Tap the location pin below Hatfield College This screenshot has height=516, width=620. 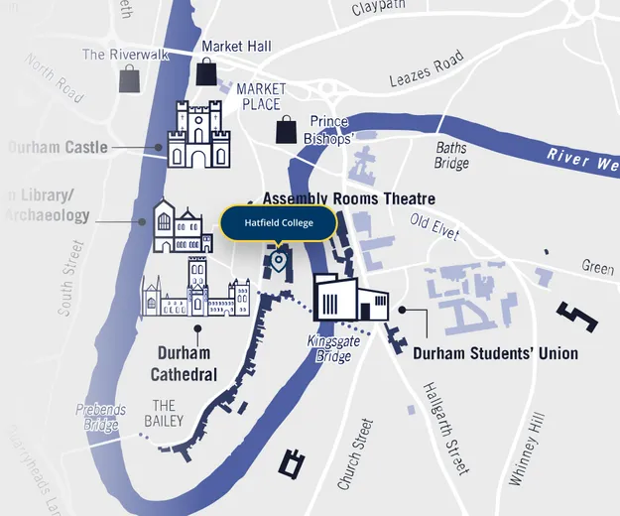point(279,262)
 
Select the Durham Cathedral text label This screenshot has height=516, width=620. point(184,363)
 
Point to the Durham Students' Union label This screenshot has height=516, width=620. point(495,353)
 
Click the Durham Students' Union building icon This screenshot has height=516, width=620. point(350,297)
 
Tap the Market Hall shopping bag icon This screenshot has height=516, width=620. point(206,71)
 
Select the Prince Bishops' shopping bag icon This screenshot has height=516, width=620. point(287,129)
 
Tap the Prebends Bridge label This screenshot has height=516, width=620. point(100,418)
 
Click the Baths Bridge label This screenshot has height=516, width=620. point(451,156)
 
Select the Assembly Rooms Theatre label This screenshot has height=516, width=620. point(348,198)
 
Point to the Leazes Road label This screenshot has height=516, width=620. point(426,69)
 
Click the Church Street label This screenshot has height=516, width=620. point(356,453)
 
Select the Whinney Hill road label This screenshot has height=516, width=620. point(527,449)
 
